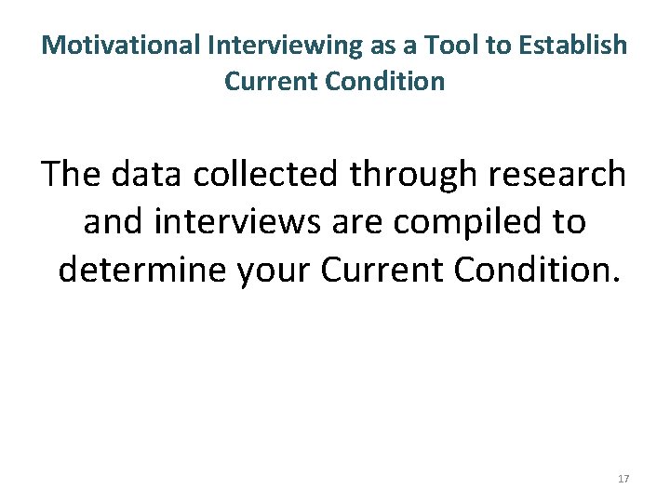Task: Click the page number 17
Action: (623, 479)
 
